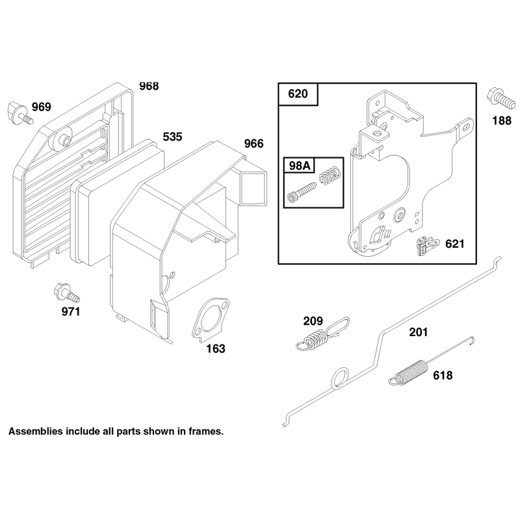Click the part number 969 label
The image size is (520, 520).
click(x=42, y=107)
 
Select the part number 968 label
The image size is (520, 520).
click(x=149, y=86)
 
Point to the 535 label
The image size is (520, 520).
click(x=172, y=136)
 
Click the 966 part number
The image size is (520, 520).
click(x=253, y=144)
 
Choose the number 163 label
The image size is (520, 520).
click(x=216, y=348)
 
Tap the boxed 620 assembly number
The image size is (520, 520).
click(x=298, y=94)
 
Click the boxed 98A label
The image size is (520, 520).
click(x=299, y=166)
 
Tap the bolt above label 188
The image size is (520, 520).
click(x=500, y=98)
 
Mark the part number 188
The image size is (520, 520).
click(x=502, y=120)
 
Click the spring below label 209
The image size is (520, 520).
click(x=322, y=334)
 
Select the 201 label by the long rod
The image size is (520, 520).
click(x=418, y=332)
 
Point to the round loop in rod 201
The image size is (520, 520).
click(x=340, y=378)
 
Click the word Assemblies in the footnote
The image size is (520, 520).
click(x=36, y=432)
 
